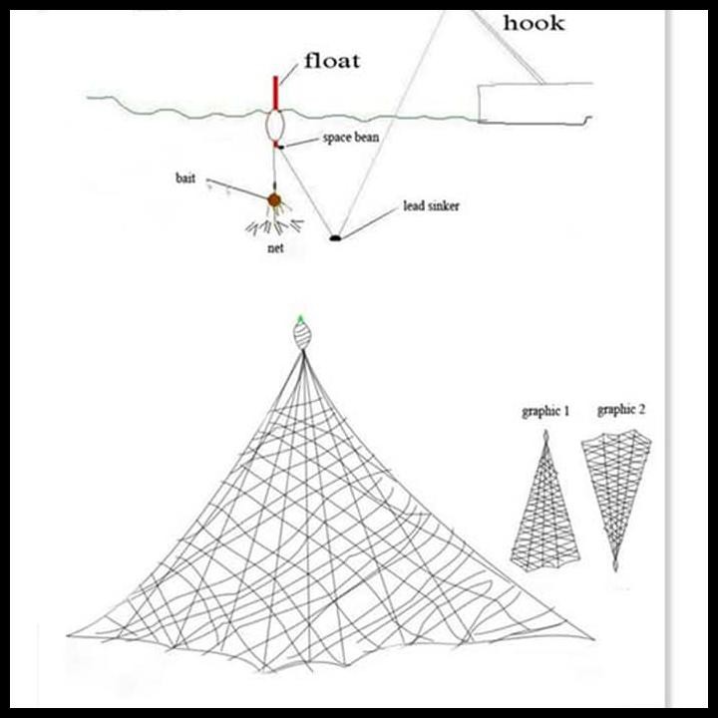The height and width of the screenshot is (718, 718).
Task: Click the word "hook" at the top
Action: click(x=534, y=23)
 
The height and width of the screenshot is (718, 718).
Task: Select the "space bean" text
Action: click(x=351, y=138)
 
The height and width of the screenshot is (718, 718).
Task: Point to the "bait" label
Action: click(x=185, y=178)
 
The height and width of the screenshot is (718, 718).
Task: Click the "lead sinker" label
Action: click(x=431, y=206)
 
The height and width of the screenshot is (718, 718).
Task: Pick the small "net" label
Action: click(x=276, y=247)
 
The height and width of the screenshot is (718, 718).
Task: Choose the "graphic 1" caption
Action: click(x=544, y=410)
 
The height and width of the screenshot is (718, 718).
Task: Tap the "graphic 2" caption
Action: click(x=621, y=409)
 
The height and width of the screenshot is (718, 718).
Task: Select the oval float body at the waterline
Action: click(x=274, y=126)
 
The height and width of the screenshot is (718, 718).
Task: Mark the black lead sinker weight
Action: click(x=336, y=237)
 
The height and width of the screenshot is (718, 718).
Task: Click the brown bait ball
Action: click(x=273, y=200)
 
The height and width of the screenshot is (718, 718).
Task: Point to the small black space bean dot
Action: click(x=281, y=147)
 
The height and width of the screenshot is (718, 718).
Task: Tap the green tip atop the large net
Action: click(x=300, y=319)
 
